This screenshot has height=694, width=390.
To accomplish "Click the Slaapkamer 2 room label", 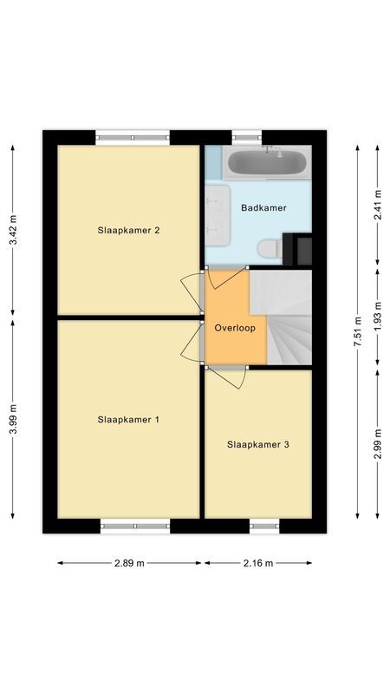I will pyautogui.click(x=128, y=230).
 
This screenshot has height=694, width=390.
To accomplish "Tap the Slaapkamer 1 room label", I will pyautogui.click(x=128, y=420).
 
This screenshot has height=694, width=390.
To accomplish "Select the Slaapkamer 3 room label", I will pyautogui.click(x=257, y=444).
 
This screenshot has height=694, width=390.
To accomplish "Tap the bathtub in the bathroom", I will pyautogui.click(x=265, y=162).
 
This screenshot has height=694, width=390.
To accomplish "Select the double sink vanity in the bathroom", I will pyautogui.click(x=217, y=211).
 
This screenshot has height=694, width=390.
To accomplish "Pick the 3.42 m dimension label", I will pyautogui.click(x=13, y=231).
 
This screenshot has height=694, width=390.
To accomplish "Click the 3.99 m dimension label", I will pyautogui.click(x=13, y=420).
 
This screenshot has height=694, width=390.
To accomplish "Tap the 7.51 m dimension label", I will pyautogui.click(x=357, y=332).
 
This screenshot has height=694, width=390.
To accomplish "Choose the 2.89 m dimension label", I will pyautogui.click(x=130, y=563).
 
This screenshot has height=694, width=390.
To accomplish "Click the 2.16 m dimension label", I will pyautogui.click(x=257, y=563).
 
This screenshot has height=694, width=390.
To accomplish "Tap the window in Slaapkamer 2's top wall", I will pyautogui.click(x=133, y=135).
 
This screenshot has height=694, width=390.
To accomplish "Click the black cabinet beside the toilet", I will pyautogui.click(x=302, y=249).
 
